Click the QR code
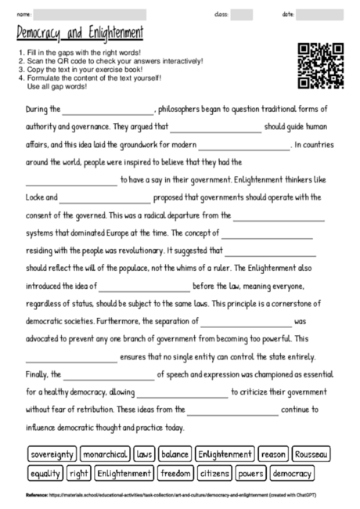(x=321, y=65)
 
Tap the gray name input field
(x=91, y=14)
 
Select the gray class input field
(x=242, y=14)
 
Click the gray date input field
(x=319, y=14)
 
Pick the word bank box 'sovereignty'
(x=52, y=454)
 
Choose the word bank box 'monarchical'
(x=105, y=454)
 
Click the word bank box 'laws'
(x=144, y=454)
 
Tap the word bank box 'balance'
(x=175, y=454)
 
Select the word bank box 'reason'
(x=273, y=454)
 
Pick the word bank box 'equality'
(x=45, y=473)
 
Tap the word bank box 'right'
(x=79, y=473)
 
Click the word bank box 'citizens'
(x=214, y=473)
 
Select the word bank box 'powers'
(x=251, y=473)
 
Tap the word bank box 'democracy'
(x=292, y=473)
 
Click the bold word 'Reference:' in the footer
(x=38, y=496)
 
